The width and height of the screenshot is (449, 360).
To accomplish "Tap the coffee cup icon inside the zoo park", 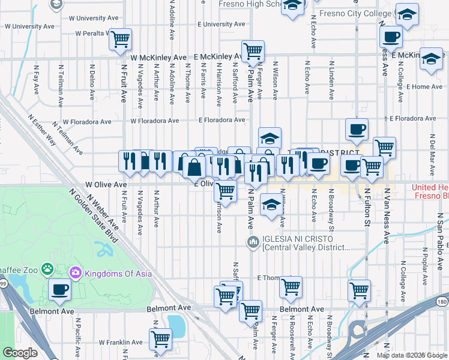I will (59, 289).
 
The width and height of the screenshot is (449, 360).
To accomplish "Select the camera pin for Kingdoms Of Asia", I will (76, 273).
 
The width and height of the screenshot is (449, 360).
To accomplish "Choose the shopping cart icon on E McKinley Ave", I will (253, 50).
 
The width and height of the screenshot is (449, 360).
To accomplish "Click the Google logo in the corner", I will (20, 353).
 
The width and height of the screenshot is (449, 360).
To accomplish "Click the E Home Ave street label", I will (424, 87).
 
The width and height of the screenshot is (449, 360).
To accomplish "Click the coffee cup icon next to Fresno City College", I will (390, 37).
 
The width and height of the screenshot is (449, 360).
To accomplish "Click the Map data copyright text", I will (411, 355).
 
